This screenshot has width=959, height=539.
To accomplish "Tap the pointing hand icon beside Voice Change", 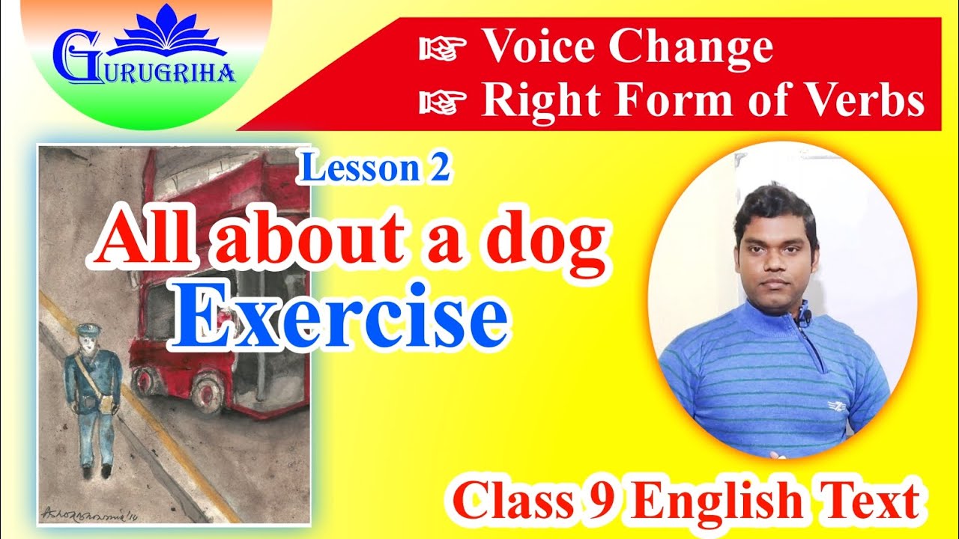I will (x=444, y=49).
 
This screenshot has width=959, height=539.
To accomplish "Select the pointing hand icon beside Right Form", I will (x=444, y=101).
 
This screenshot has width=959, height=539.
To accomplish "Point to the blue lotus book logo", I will (x=168, y=37).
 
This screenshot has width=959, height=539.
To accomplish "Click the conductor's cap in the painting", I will (x=88, y=329).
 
